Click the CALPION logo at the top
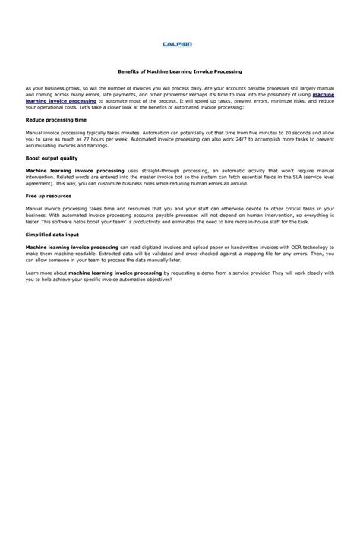179,44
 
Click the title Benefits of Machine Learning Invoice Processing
179,71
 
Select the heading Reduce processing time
56,120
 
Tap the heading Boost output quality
52,158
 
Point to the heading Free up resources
49,196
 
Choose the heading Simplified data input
53,234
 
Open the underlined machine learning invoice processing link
61,100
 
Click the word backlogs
114,147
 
